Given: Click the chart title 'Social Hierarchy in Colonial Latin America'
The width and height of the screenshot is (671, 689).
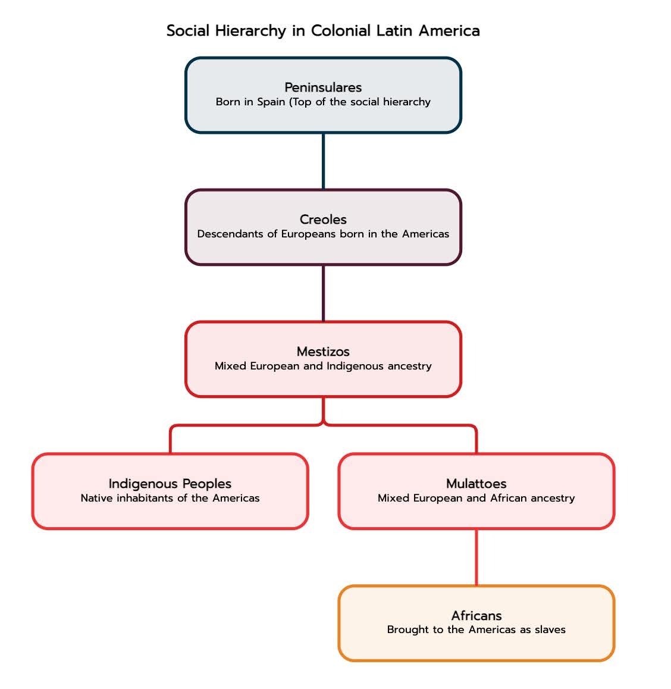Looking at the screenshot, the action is point(323,31).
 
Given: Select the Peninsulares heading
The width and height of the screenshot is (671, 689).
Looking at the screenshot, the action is point(323,87).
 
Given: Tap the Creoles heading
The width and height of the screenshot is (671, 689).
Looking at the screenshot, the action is point(323,220).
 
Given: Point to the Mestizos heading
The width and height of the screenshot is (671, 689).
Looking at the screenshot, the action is point(323,352).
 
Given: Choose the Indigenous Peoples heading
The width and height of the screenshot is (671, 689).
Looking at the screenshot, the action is point(170,484).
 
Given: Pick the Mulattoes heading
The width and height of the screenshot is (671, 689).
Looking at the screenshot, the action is point(476,483).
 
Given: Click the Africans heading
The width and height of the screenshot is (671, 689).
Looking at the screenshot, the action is point(476,615).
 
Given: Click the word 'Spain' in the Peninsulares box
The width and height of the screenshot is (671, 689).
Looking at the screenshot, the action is point(271,102).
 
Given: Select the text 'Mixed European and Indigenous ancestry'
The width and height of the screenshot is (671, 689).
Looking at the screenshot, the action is point(323,366).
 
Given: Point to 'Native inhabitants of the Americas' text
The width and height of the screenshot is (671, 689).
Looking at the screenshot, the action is point(170,498).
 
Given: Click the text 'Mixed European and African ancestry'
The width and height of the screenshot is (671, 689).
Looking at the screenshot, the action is point(476,498).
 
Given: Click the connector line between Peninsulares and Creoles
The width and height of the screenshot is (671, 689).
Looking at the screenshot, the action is point(324,161).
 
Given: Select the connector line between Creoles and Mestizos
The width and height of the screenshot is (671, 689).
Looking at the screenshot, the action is point(324,293).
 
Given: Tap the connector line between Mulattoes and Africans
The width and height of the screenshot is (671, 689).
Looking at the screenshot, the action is point(476,557).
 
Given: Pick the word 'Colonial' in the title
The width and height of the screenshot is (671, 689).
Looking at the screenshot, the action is point(341,31).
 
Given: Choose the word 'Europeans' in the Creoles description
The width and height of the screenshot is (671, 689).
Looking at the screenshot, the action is point(308,234).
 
